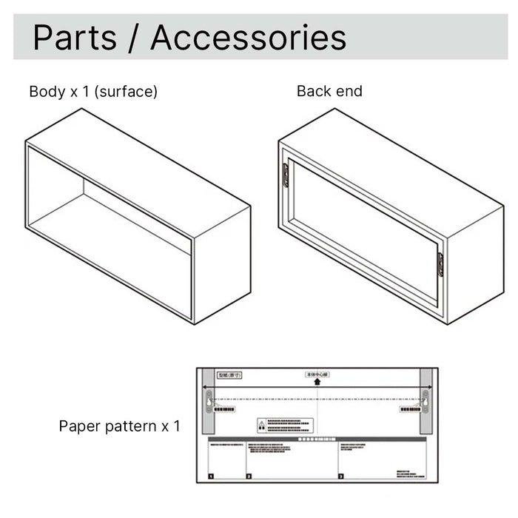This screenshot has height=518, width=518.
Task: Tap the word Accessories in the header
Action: click(x=249, y=37)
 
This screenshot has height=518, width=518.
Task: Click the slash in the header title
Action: click(x=133, y=37)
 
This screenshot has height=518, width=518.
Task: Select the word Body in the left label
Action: click(x=44, y=92)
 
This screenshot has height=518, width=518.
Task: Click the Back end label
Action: click(x=329, y=91)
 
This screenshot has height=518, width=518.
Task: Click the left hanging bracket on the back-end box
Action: click(x=285, y=175)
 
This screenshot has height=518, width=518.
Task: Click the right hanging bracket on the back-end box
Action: click(x=440, y=264)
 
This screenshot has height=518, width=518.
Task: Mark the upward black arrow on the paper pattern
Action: click(x=317, y=382)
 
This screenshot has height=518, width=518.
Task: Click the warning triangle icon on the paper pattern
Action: click(x=261, y=425)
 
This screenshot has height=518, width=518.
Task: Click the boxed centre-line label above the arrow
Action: click(x=317, y=374)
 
